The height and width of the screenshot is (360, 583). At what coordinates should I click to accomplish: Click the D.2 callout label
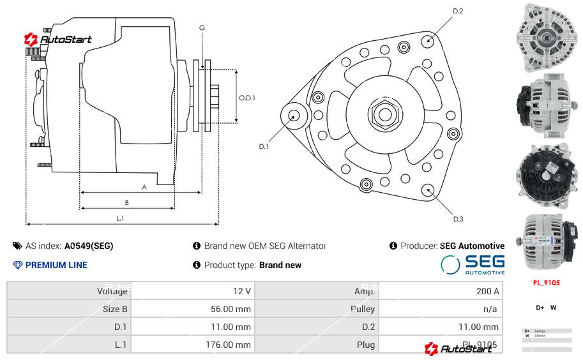[x=458, y=11]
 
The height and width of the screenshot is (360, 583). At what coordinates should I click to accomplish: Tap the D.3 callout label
[x=458, y=219]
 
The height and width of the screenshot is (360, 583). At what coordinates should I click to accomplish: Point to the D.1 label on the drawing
[x=264, y=146]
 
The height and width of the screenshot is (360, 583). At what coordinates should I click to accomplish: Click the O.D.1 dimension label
[x=247, y=98]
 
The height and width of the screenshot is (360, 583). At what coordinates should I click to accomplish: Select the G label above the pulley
[x=202, y=27]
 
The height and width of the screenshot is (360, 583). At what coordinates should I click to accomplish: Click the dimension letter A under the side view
[x=144, y=187]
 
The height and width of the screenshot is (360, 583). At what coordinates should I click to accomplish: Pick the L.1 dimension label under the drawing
[x=120, y=218]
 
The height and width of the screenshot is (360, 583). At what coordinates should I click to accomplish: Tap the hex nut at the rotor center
[x=384, y=114]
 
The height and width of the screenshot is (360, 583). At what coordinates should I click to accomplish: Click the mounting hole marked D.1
[x=294, y=116]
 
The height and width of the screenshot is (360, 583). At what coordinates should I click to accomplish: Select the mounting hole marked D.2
[x=428, y=40]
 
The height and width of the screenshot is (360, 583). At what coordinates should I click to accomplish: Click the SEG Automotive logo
[x=473, y=264]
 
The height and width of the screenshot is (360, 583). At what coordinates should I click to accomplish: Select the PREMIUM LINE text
[x=56, y=265]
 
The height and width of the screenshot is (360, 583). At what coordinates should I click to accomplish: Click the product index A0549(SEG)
[x=89, y=246]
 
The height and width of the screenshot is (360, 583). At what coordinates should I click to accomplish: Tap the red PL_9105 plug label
[x=546, y=282]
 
